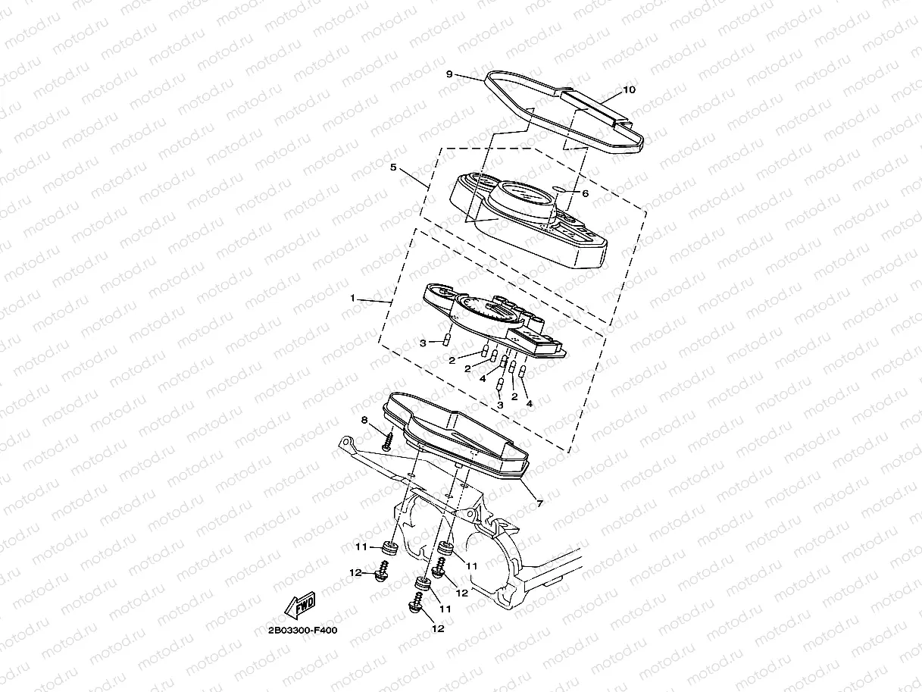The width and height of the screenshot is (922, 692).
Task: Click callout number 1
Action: coord(352,299)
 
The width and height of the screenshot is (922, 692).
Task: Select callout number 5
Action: coord(394,168)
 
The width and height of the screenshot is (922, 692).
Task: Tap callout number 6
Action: coord(585,193)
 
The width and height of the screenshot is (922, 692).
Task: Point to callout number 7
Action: coord(539,503)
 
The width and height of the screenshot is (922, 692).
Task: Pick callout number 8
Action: coord(364,420)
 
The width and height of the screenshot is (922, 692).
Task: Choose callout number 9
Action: coord(449,74)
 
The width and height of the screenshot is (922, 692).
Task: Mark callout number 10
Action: coord(629,89)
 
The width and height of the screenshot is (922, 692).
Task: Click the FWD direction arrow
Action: coord(300,606)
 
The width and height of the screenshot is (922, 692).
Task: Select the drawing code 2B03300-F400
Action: coord(302,630)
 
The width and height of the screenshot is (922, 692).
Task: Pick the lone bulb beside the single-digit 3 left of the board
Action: coord(448,340)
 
